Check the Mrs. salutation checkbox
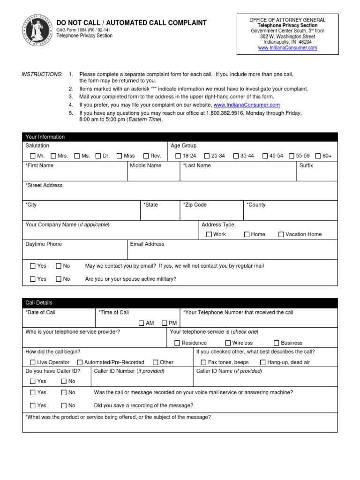[x=53, y=156]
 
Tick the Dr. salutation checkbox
[x=98, y=156]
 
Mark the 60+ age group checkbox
[x=318, y=156]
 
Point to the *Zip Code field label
[x=195, y=205]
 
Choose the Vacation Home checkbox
[x=281, y=234]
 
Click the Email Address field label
[x=147, y=244]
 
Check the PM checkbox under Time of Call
[x=165, y=323]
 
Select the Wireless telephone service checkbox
[x=228, y=343]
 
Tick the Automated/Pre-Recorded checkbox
[x=80, y=362]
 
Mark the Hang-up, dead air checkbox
[x=262, y=362]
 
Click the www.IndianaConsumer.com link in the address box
[x=288, y=48]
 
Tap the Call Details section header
[x=39, y=303]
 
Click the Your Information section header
[x=45, y=137]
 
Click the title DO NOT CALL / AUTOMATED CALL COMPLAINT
[x=131, y=23]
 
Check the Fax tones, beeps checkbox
[x=203, y=362]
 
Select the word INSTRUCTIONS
[x=42, y=75]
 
